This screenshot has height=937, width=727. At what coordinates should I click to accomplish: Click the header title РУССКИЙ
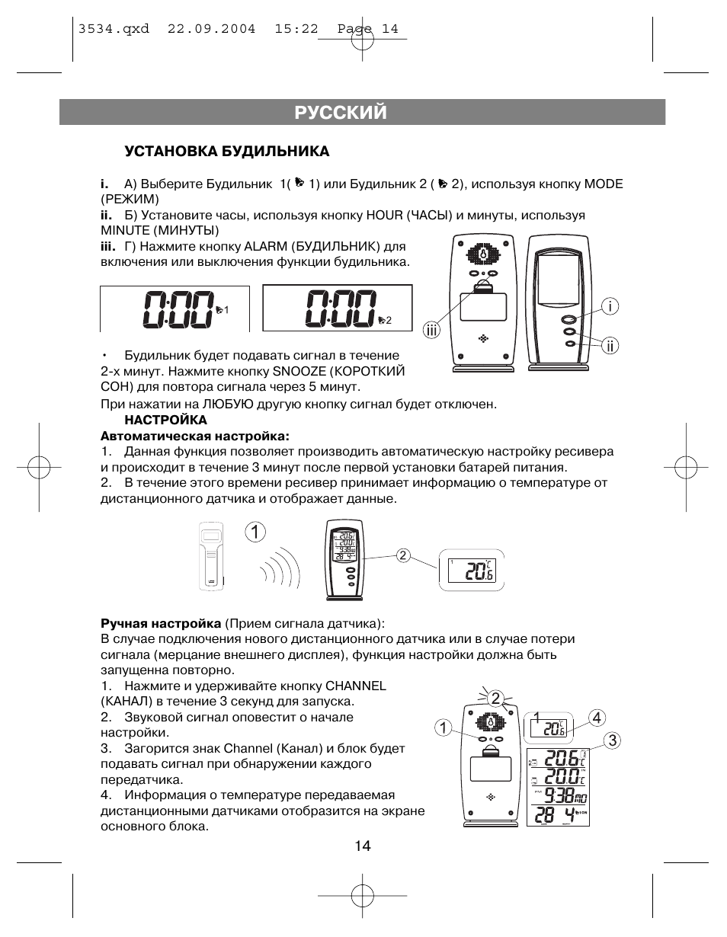tap(341, 113)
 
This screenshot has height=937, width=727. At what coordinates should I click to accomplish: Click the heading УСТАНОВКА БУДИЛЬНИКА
tap(227, 152)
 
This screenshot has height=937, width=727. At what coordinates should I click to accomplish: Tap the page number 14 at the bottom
tap(362, 846)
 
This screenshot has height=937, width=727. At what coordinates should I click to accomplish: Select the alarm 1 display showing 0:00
tap(175, 309)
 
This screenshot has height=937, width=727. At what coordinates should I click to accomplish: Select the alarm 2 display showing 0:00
tap(338, 309)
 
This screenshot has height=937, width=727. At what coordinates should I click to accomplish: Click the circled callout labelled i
tap(609, 306)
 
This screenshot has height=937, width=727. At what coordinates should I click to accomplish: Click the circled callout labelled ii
tap(609, 346)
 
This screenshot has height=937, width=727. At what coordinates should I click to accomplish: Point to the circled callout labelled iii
tap(433, 330)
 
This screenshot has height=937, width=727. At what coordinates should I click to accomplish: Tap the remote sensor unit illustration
tap(211, 555)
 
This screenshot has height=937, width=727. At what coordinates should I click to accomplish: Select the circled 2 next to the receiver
tap(403, 555)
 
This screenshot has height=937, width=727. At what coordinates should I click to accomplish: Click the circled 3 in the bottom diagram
tap(612, 740)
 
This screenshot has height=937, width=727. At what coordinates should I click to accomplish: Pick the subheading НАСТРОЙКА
tap(166, 420)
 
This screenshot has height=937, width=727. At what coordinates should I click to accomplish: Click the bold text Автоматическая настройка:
tap(196, 436)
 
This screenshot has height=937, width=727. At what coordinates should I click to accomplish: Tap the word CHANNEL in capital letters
tap(356, 686)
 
